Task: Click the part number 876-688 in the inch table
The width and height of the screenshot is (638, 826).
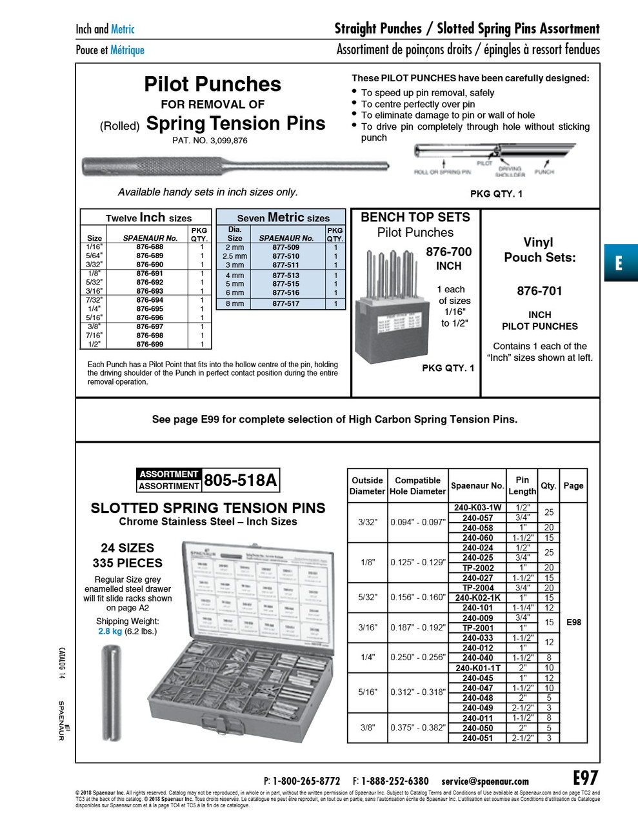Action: point(150,247)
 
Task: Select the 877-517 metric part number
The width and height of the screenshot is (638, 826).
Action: point(286,303)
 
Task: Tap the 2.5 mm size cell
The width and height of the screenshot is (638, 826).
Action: point(234,256)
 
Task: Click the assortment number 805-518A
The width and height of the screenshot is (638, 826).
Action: point(240,481)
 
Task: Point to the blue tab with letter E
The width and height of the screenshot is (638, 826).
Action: point(620,263)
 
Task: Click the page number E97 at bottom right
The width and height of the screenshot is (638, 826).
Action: point(585,778)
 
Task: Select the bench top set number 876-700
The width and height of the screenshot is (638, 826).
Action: point(448,252)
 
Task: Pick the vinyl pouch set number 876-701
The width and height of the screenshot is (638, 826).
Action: point(539,291)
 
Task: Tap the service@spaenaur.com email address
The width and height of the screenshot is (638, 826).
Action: point(485,781)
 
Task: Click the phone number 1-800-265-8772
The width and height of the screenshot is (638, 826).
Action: point(306,781)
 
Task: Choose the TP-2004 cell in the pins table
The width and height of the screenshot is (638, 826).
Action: point(478,588)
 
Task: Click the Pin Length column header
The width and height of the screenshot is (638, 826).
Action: point(522,485)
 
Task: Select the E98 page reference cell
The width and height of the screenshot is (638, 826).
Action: point(573,622)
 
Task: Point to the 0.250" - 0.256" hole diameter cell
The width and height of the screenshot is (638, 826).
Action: point(418,657)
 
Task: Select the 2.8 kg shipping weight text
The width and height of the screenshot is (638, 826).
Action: point(110,631)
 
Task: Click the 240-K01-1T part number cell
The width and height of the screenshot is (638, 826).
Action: point(478,668)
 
